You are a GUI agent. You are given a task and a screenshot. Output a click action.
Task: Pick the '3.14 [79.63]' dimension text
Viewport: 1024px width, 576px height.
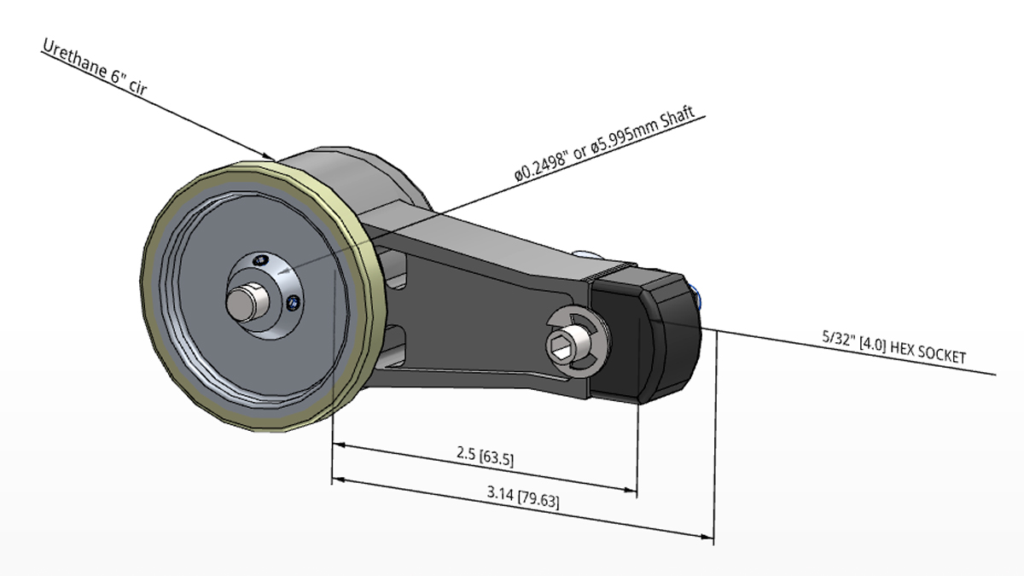coord(523,496)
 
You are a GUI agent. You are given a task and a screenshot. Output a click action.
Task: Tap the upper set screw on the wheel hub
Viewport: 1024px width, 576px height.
coord(263,259)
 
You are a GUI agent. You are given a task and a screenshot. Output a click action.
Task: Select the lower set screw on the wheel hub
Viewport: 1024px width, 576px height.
coord(294,301)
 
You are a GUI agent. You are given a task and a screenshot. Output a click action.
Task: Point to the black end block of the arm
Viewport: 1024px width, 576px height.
coord(649,333)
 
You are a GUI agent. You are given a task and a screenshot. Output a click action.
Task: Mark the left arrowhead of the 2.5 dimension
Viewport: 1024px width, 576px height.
coord(338,445)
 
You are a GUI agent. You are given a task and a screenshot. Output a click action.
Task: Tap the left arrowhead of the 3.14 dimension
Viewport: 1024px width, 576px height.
coord(338,480)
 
